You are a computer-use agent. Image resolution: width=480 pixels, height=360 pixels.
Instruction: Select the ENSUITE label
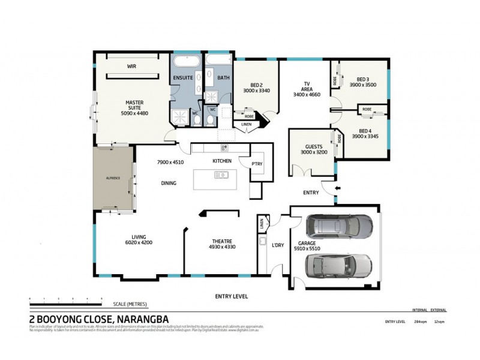click(x=182, y=78)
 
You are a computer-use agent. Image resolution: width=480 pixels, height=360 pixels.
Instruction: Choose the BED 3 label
click(x=362, y=79)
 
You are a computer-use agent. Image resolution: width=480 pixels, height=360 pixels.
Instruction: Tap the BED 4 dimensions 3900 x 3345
click(x=365, y=137)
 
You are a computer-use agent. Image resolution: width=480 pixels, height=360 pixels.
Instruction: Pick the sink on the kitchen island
click(x=221, y=175)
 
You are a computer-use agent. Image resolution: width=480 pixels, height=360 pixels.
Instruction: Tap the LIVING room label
click(x=139, y=236)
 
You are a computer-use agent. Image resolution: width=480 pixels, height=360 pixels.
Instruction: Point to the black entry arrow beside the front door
click(x=337, y=188)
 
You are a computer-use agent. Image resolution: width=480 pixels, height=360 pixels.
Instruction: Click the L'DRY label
click(x=277, y=245)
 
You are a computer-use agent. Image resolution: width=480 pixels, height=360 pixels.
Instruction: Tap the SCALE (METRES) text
click(x=129, y=304)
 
